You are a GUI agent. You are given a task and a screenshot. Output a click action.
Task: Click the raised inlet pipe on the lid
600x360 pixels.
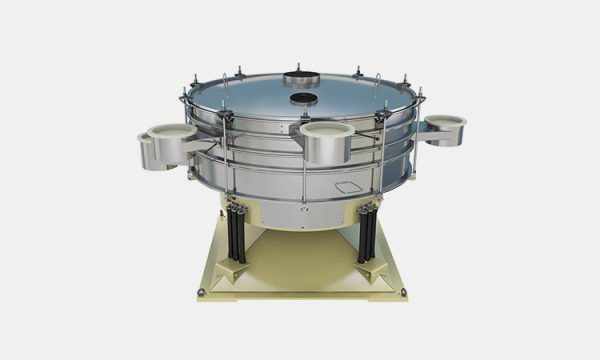point(300,78)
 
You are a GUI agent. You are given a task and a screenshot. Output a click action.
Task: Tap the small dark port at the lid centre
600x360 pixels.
point(302,99)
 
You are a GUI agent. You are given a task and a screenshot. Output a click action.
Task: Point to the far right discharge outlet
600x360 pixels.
point(444,128)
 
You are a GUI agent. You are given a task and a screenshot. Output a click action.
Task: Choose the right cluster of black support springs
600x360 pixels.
point(366,232)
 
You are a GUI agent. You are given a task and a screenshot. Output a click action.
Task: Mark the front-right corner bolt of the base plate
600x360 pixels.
point(404,293)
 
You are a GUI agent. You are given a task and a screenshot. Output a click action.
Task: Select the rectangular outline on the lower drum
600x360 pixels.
point(351,187)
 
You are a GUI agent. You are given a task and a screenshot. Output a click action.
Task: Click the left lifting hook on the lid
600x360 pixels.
point(224,79)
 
